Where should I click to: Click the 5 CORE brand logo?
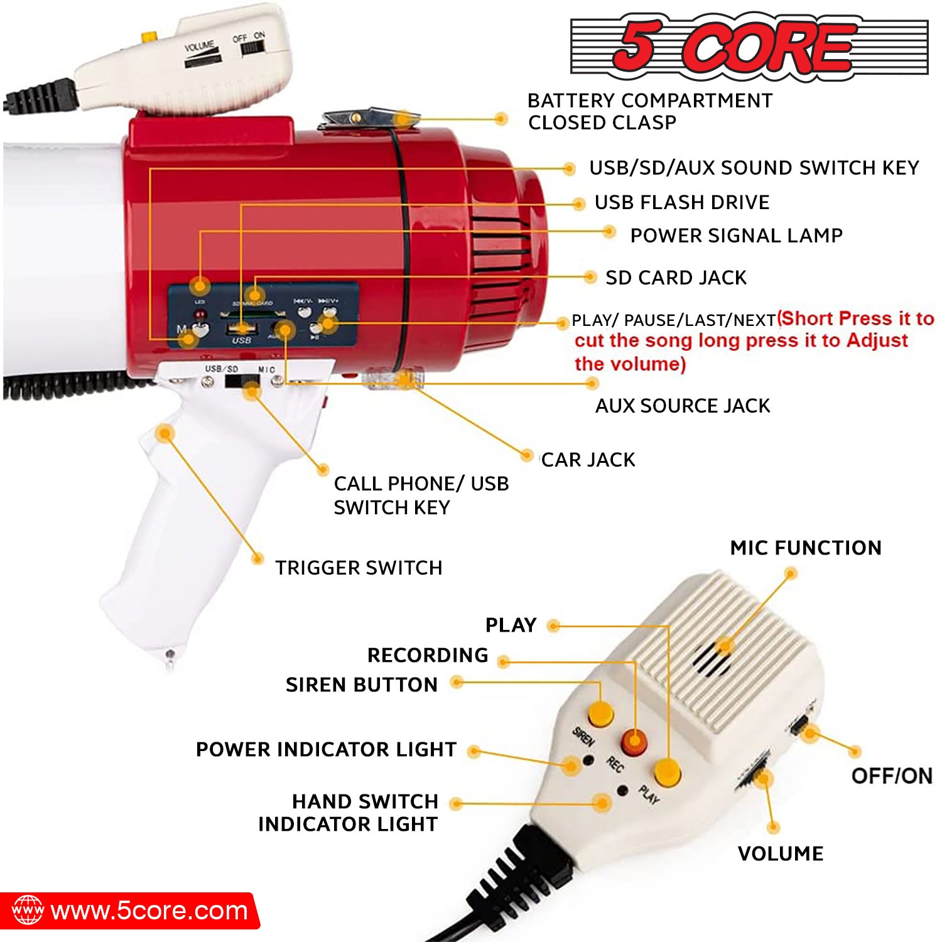pos(749,46)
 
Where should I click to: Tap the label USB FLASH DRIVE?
pos(682,202)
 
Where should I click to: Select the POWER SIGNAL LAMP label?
pos(736,235)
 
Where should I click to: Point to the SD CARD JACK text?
pos(676,278)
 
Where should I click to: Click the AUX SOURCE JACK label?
pos(683,406)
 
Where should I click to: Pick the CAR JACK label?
pos(588,460)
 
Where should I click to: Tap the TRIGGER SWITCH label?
pos(359,568)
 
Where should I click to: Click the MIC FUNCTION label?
pos(806,548)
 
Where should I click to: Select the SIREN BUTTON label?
pos(362,685)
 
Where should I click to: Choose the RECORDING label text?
pos(428,655)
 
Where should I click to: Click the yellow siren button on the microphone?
pos(600,714)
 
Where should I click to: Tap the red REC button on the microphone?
pos(634,743)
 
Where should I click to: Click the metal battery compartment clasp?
pos(367,119)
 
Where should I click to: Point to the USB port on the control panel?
pos(242,328)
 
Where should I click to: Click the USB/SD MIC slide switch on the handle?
pos(242,381)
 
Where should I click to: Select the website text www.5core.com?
pos(149,911)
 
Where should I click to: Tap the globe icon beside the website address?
pos(28,911)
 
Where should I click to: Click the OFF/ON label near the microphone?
pos(892,776)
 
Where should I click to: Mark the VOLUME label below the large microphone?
pos(781,853)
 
